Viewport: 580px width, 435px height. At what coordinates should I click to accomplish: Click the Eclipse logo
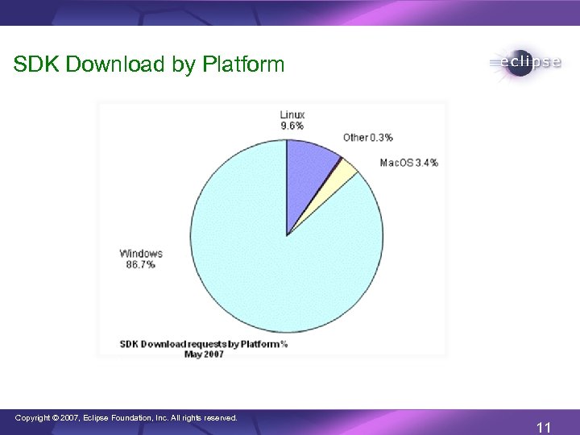[x=524, y=64]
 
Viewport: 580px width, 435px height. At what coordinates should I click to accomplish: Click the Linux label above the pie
[x=292, y=114]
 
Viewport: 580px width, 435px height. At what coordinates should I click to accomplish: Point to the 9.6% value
[x=292, y=126]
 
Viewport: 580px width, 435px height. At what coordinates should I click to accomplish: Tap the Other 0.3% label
[x=367, y=137]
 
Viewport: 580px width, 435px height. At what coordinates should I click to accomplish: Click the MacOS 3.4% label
[x=408, y=162]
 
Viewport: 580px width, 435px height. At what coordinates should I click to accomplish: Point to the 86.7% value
[x=140, y=264]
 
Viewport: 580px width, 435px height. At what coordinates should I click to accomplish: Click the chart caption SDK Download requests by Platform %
[x=204, y=343]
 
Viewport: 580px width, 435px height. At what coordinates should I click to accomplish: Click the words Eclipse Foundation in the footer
[x=128, y=418]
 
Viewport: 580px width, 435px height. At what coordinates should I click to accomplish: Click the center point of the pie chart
[x=287, y=235]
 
